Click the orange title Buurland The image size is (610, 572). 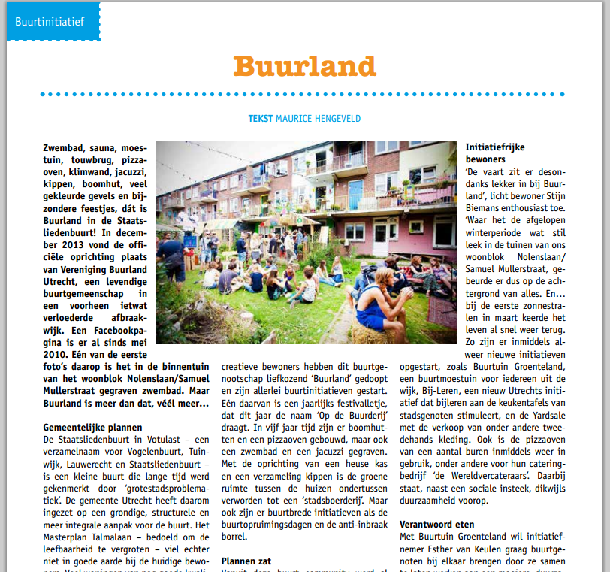[x=303, y=66]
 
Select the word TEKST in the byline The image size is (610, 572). [x=260, y=119]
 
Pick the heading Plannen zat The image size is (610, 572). [x=246, y=561]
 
